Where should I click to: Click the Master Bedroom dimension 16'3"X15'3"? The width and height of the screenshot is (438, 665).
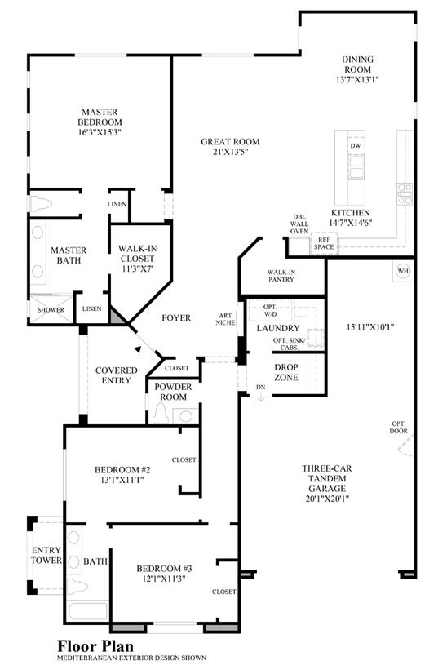100,132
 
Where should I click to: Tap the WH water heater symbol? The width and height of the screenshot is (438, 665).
403,271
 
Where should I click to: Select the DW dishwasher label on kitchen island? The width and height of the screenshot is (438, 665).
356,145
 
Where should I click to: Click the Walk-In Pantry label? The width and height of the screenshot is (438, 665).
281,276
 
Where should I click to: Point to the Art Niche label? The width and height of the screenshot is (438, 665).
226,319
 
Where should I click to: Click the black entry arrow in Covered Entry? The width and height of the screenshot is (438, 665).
137,349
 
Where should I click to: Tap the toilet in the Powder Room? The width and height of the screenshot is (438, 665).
161,413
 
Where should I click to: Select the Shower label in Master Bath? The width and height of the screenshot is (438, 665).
51,309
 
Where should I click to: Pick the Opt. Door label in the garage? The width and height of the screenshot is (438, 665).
399,427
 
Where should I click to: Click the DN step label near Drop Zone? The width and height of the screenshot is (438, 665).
261,388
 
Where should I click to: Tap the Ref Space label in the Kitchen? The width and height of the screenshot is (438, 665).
324,243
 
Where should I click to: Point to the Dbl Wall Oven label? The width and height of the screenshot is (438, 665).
299,224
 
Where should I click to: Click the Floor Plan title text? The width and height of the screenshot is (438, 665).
95,646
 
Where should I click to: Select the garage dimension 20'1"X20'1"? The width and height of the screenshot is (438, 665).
327,499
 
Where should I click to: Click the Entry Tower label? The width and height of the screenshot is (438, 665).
46,555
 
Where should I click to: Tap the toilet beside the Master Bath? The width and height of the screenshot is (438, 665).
41,203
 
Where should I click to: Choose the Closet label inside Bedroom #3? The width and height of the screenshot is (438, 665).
223,592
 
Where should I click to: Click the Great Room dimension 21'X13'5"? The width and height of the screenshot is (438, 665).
230,152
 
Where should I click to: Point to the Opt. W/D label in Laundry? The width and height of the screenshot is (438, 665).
270,310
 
